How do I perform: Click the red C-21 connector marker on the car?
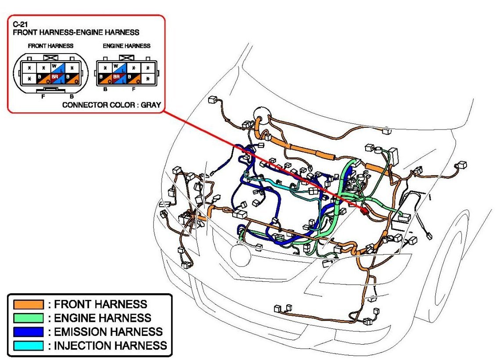tap(364, 210)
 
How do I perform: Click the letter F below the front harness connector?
tap(43, 96)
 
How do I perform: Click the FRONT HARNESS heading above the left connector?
tap(50, 46)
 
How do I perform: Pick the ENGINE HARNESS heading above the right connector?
tap(126, 46)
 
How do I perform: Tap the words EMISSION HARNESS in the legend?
tap(108, 331)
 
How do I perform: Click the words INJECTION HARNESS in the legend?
tap(110, 345)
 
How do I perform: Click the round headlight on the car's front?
tap(241, 256)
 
